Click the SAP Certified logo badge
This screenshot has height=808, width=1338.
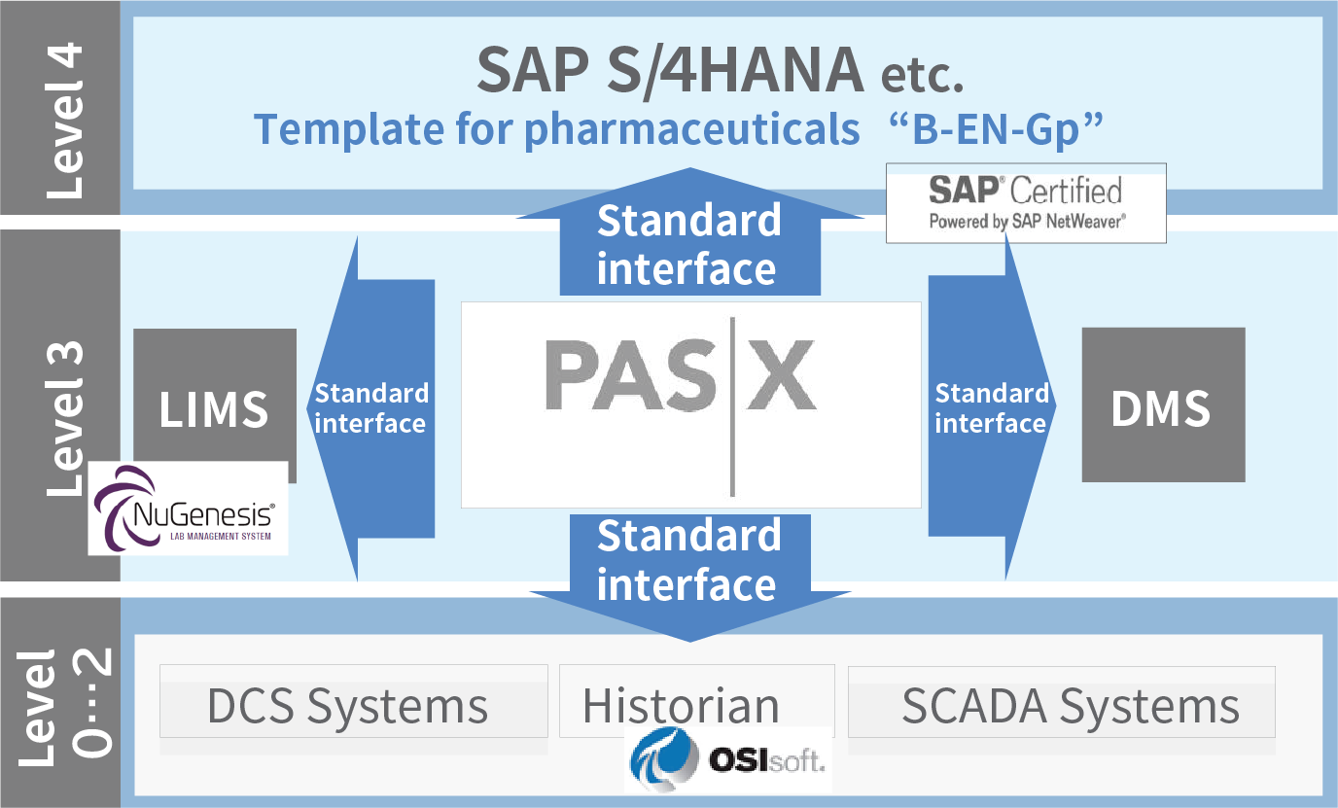pos(1026,203)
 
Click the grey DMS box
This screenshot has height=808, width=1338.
pos(1163,404)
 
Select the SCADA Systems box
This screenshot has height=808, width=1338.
pos(1061,701)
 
